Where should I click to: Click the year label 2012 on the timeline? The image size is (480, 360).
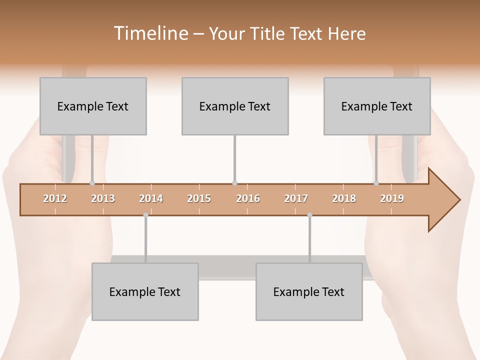(55, 198)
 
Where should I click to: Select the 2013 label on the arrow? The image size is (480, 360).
(103, 198)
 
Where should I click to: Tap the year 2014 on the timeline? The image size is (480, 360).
(151, 198)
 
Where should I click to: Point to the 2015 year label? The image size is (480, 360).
(199, 198)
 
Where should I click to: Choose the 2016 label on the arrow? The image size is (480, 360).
(248, 198)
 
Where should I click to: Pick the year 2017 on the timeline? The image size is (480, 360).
(296, 198)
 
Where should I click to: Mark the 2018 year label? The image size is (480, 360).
(344, 198)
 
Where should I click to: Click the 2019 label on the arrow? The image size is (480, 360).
(392, 198)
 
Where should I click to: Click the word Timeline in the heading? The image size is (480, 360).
(150, 33)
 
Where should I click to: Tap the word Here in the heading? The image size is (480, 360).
(346, 33)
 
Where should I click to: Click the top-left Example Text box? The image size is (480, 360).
(93, 106)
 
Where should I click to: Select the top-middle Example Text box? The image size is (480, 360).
(235, 106)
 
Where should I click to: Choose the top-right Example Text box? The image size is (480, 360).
(377, 106)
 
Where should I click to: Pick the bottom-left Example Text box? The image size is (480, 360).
(145, 291)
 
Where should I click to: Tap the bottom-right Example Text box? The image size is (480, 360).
(309, 291)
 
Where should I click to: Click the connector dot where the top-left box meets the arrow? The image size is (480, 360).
(92, 183)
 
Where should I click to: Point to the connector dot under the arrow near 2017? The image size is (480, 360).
(309, 215)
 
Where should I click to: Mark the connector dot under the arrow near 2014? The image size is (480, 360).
(145, 215)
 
